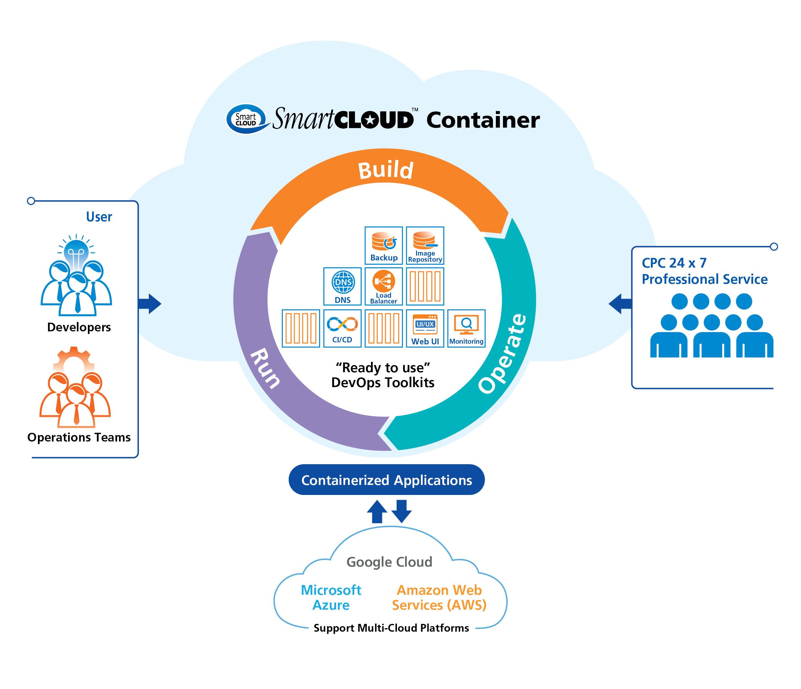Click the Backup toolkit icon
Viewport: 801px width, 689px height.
click(384, 245)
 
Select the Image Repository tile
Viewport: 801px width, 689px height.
click(425, 245)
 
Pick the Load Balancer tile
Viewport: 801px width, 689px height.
click(384, 286)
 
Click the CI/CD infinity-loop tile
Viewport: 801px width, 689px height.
click(342, 328)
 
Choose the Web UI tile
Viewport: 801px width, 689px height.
click(425, 328)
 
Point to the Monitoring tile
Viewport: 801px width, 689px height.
click(466, 328)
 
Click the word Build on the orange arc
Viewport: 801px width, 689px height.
click(386, 170)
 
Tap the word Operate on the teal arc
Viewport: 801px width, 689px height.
click(503, 353)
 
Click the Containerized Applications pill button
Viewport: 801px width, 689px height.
click(386, 480)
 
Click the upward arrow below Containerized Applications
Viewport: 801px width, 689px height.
click(377, 511)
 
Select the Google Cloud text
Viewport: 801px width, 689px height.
click(389, 562)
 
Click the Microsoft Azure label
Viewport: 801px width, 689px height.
click(331, 597)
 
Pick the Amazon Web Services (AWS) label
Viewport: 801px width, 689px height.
click(439, 597)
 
